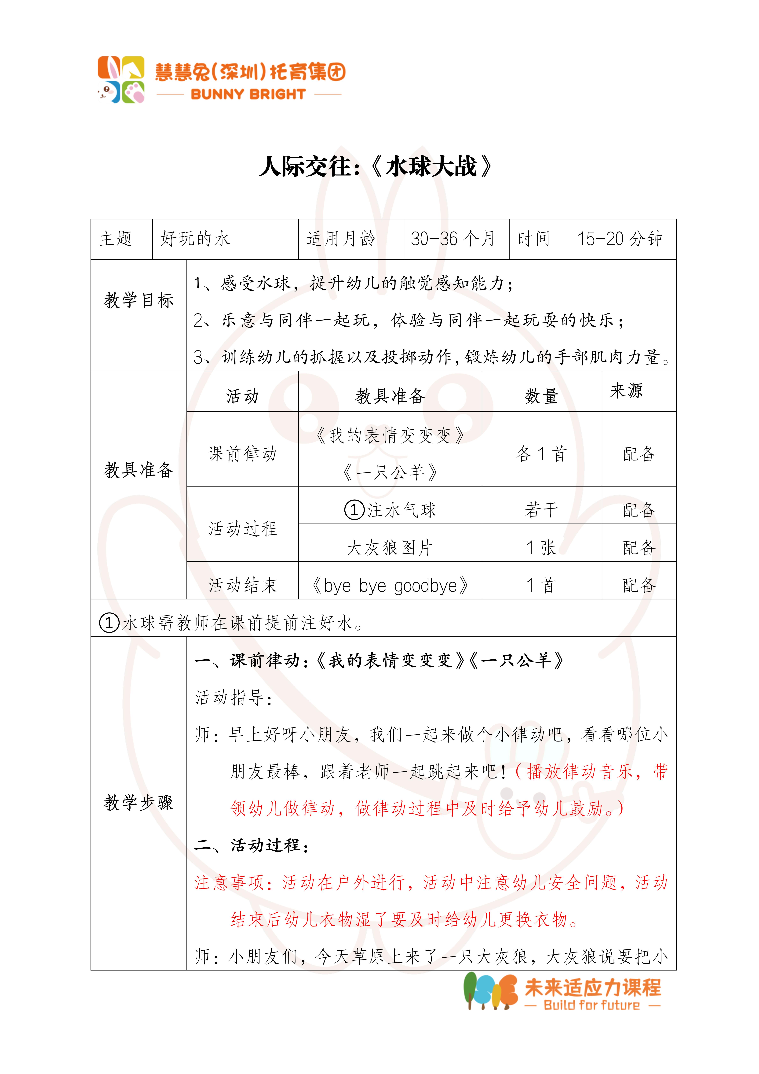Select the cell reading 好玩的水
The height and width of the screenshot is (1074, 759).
coord(195,239)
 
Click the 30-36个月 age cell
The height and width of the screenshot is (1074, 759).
coord(453,239)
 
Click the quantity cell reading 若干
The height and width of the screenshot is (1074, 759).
coord(542,510)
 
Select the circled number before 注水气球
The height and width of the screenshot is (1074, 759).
coord(354,510)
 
